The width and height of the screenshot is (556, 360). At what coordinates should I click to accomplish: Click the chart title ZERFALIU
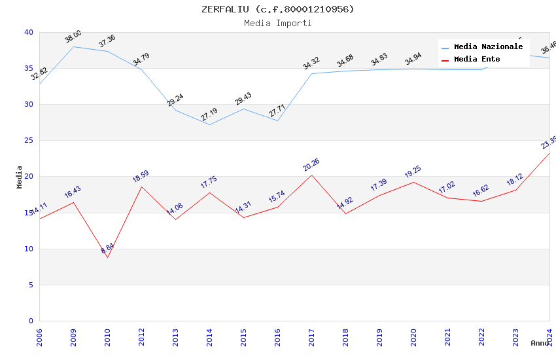point(277,9)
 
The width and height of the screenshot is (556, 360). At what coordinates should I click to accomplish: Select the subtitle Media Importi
point(277,23)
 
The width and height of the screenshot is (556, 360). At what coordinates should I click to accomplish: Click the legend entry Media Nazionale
point(488,47)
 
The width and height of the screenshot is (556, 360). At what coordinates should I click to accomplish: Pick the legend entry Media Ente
point(477,60)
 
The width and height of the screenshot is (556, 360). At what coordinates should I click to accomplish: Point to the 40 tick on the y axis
point(28,33)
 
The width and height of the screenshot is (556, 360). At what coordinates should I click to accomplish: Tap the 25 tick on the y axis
point(28,141)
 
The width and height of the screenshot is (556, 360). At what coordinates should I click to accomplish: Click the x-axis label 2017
point(311,338)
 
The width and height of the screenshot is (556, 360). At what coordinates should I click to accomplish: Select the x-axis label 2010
point(107,338)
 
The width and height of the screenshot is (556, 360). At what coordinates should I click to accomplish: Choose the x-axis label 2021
point(447,338)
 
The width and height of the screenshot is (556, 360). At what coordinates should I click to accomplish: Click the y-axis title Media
point(20,177)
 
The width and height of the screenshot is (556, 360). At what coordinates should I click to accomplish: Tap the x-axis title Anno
point(540,343)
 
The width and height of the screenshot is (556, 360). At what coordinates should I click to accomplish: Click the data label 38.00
point(73,37)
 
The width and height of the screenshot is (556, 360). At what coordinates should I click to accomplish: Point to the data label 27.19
point(209,115)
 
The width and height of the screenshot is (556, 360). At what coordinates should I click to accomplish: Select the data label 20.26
point(311,165)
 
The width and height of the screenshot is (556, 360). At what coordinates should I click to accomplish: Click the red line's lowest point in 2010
point(107,257)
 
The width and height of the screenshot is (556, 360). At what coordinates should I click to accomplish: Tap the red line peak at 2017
point(311,175)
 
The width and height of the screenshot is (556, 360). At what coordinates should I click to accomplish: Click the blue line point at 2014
point(209,124)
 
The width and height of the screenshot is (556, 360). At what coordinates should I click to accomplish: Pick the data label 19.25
point(413,172)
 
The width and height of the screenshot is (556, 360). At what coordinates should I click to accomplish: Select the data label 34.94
point(413,59)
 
